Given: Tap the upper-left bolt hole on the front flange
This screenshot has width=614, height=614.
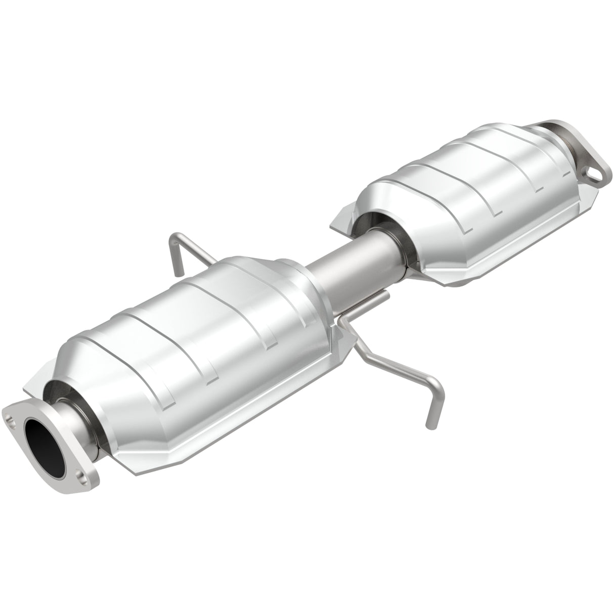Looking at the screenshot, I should click(x=10, y=406).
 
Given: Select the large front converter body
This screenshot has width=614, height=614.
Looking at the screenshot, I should click(x=202, y=349).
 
